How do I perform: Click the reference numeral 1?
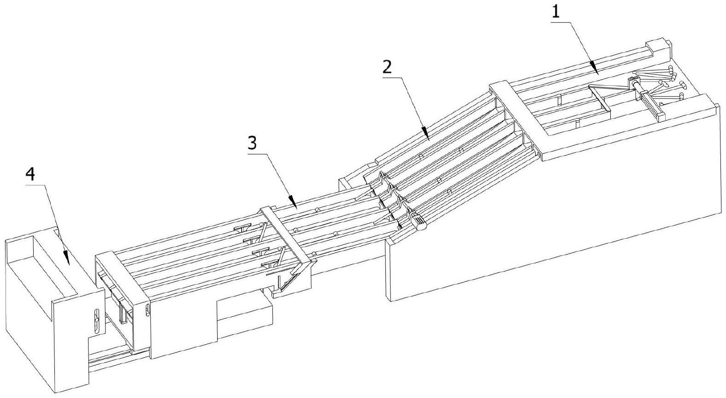click(556, 12)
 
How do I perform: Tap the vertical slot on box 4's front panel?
click(96, 319)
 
